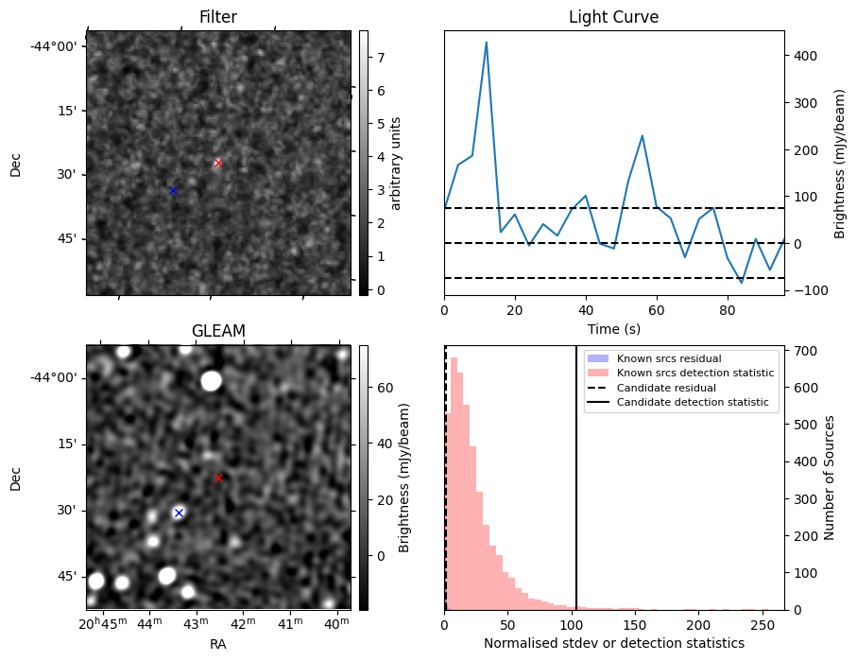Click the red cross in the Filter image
pyautogui.click(x=218, y=163)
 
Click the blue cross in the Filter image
pyautogui.click(x=173, y=190)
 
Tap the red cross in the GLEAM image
pyautogui.click(x=218, y=478)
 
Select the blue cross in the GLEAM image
pyautogui.click(x=179, y=513)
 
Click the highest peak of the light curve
pyautogui.click(x=486, y=43)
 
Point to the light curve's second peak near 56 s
pyautogui.click(x=643, y=136)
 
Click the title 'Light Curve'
pyautogui.click(x=614, y=17)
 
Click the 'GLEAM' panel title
pyautogui.click(x=218, y=331)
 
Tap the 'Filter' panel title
pyautogui.click(x=218, y=17)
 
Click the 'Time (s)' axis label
pyautogui.click(x=614, y=329)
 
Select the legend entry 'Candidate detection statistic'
pyautogui.click(x=693, y=402)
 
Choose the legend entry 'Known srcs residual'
pyautogui.click(x=669, y=358)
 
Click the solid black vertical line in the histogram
pyautogui.click(x=576, y=478)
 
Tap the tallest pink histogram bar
pyautogui.click(x=454, y=484)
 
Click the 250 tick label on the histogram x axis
pyautogui.click(x=762, y=625)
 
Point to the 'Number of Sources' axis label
pyautogui.click(x=829, y=478)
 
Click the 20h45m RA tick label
pyautogui.click(x=103, y=623)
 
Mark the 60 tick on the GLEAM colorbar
pyautogui.click(x=386, y=388)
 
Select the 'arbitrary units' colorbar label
pyautogui.click(x=396, y=163)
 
